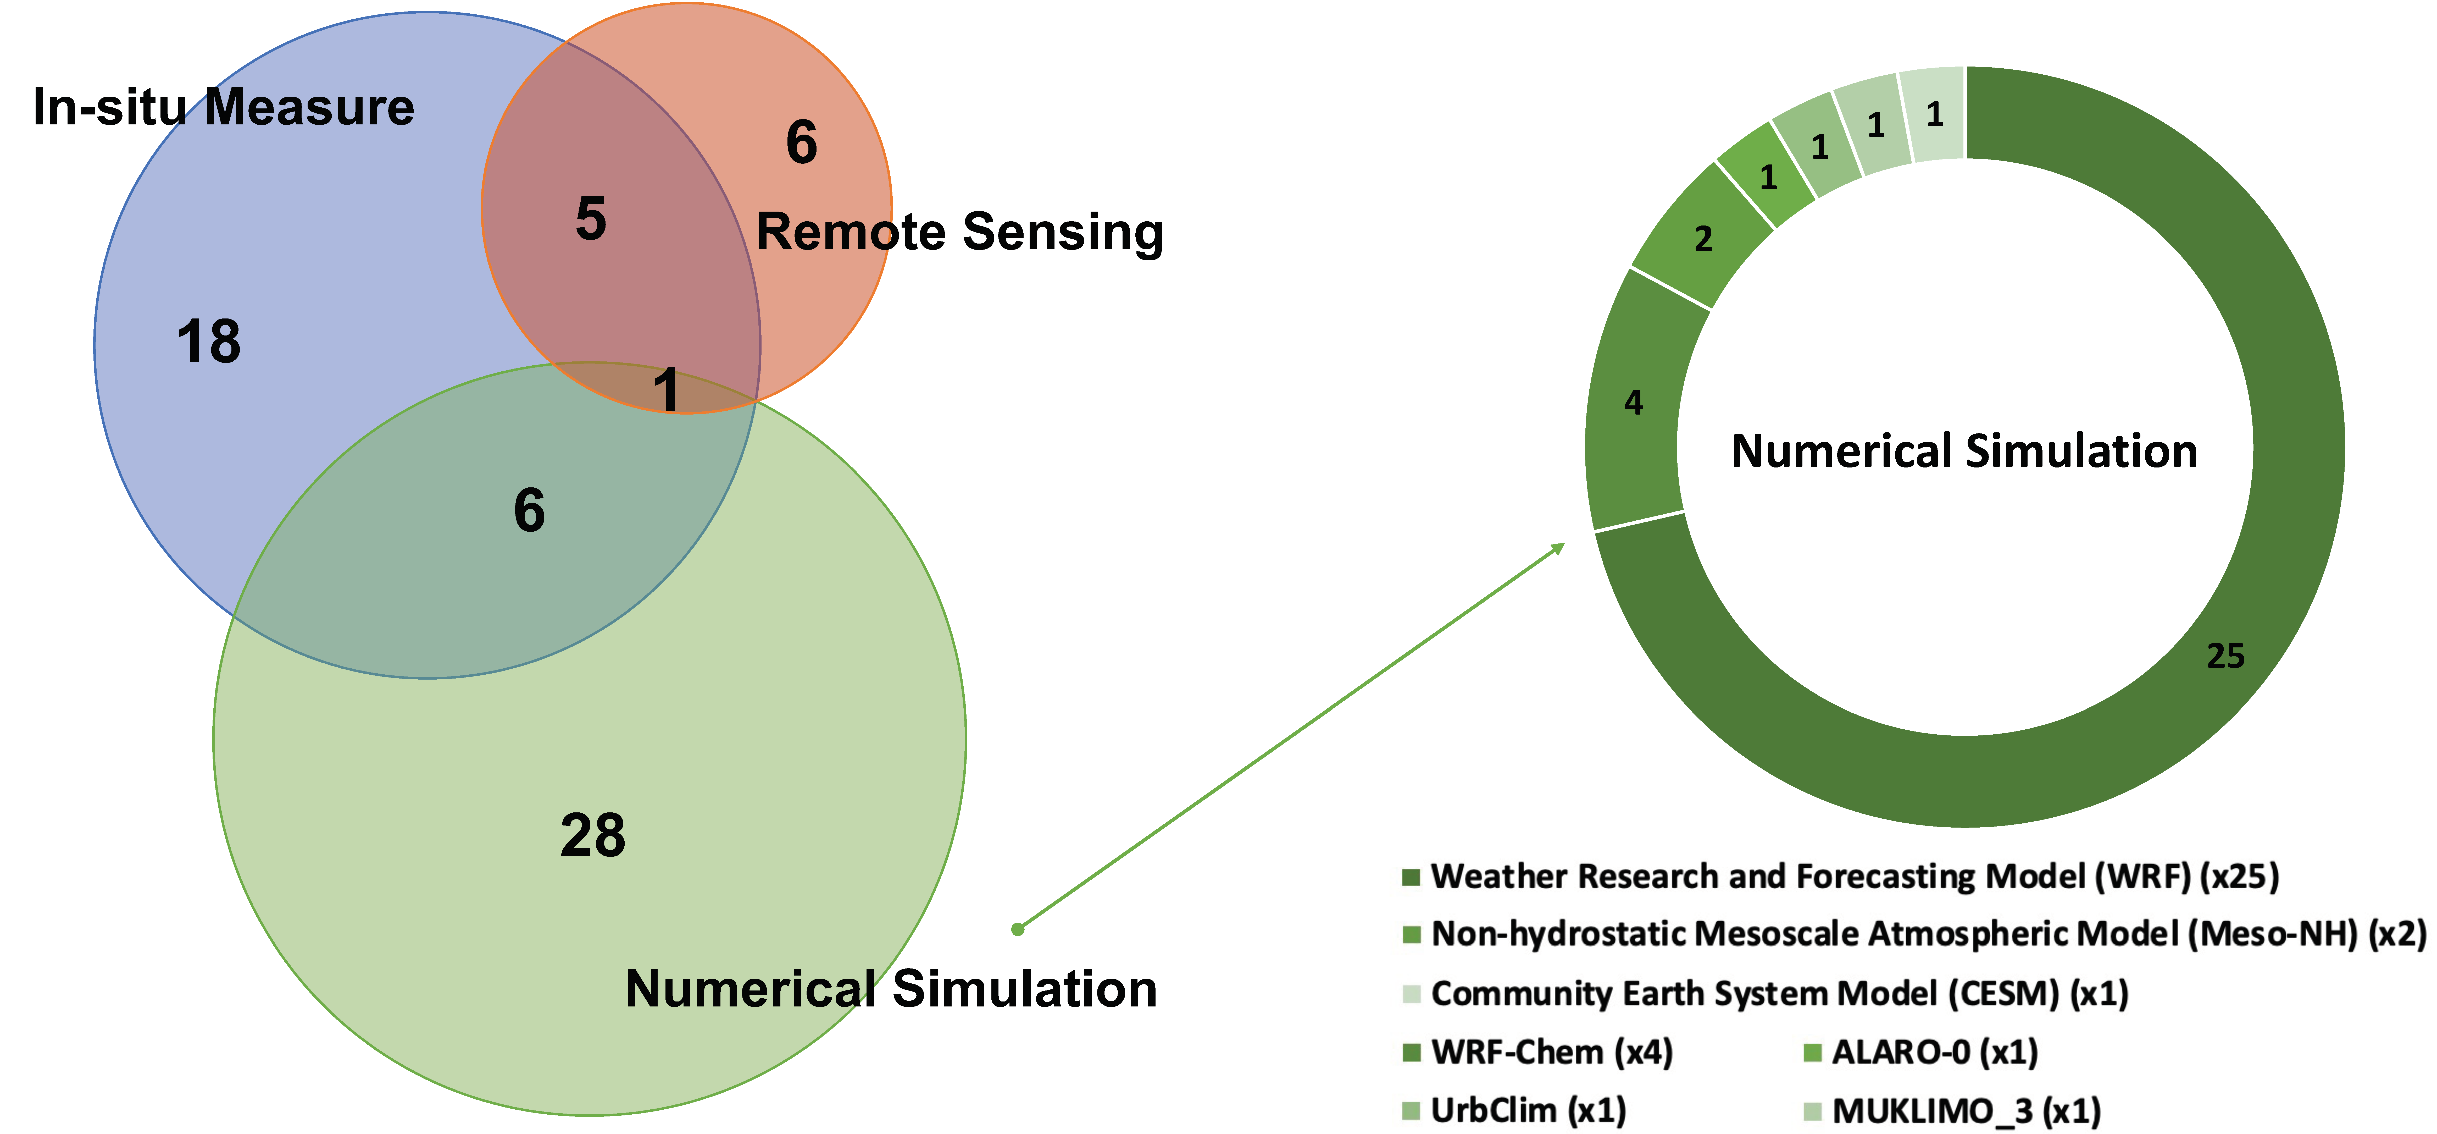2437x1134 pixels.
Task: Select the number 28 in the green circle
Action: tap(593, 836)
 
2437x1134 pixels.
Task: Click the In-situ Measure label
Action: tap(223, 107)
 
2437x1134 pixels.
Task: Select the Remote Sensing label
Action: tap(959, 232)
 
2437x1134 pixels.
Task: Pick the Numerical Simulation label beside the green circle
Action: tap(891, 989)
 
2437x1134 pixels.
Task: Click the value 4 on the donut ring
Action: tap(1634, 403)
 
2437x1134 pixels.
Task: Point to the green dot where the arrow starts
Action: tap(1018, 929)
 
